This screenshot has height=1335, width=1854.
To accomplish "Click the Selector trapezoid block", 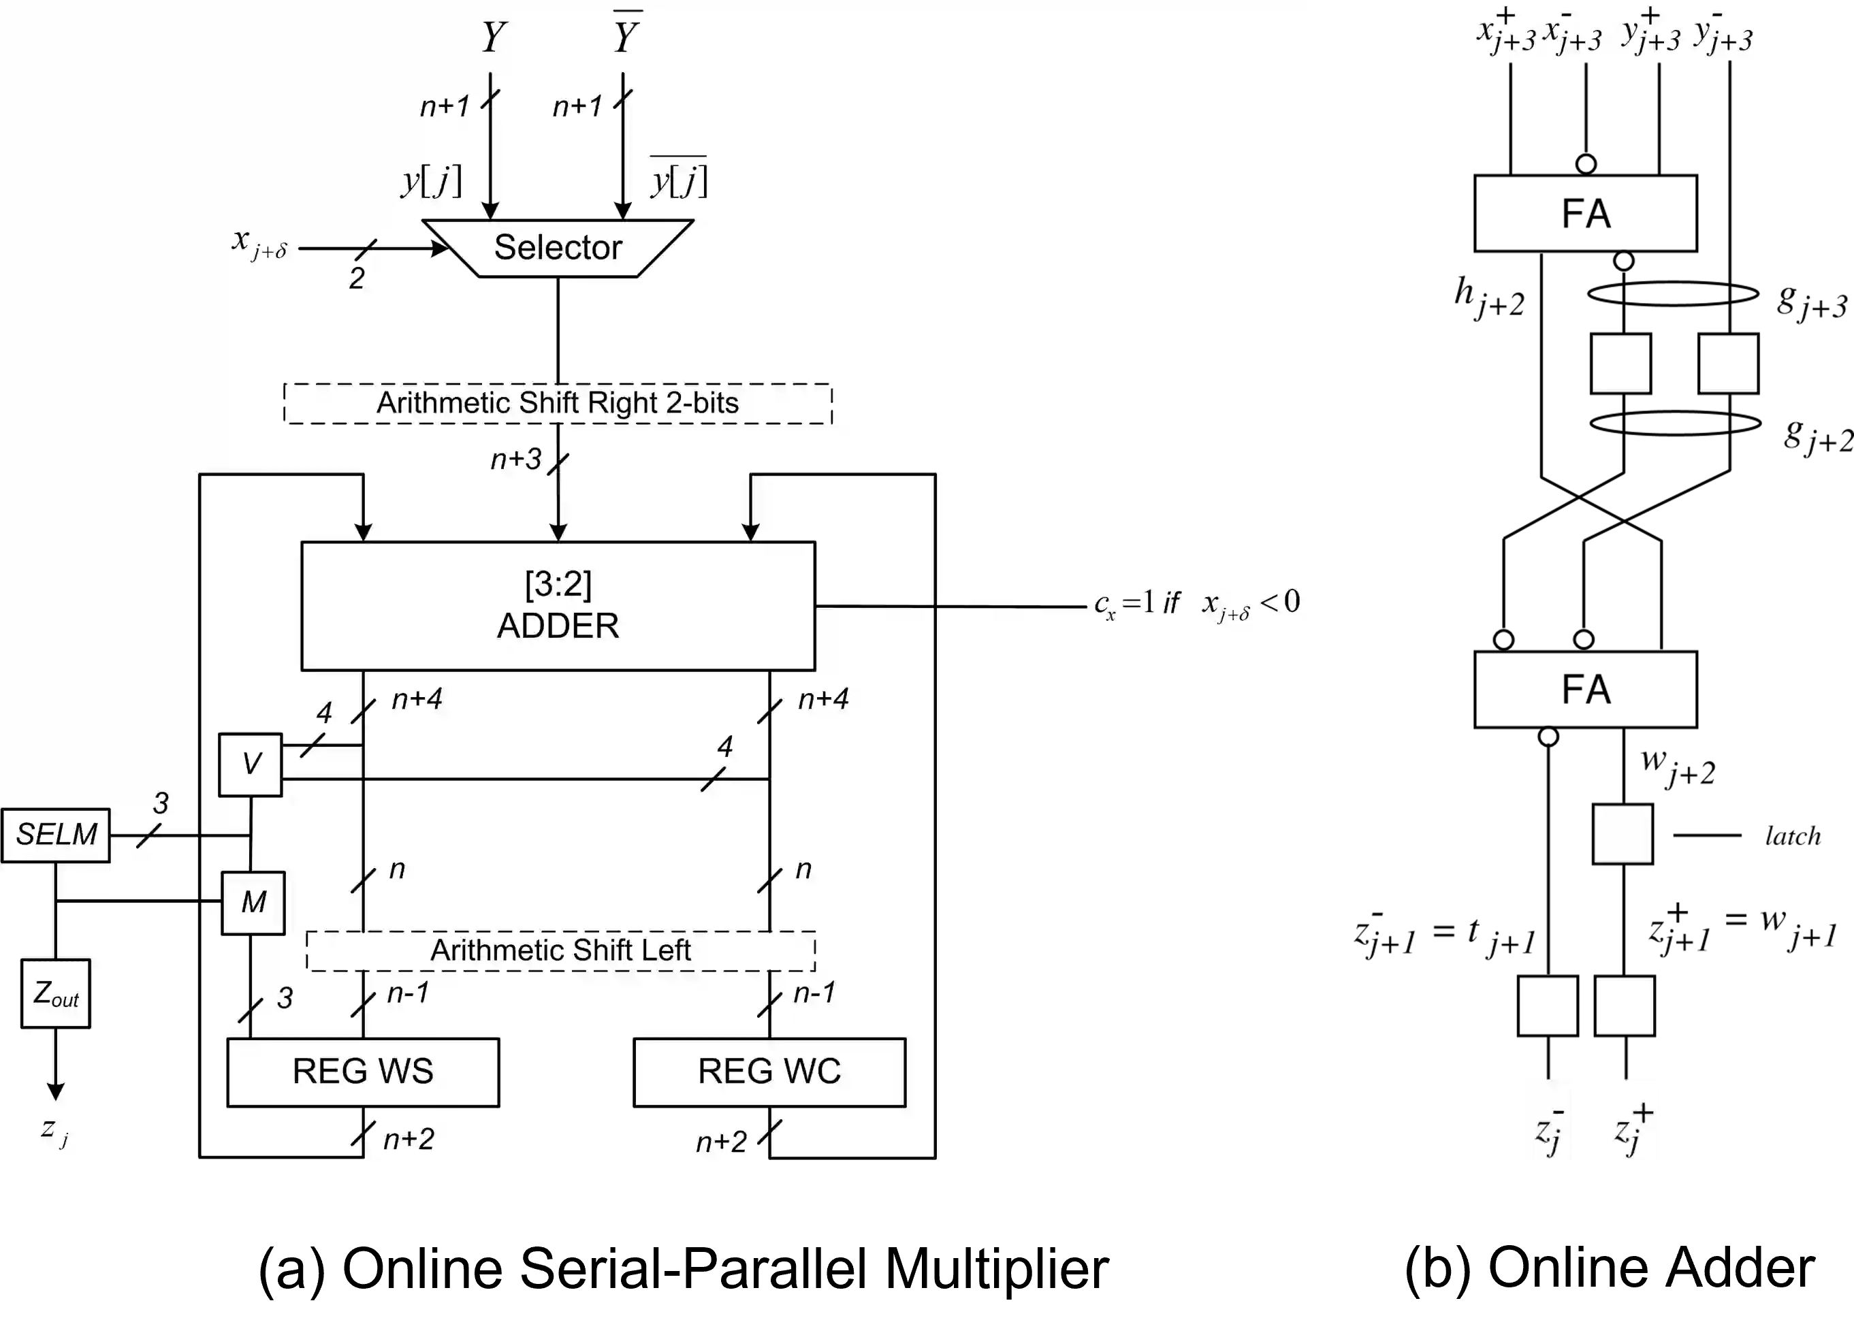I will pyautogui.click(x=558, y=248).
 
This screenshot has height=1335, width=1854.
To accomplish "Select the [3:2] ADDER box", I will pyautogui.click(x=558, y=606).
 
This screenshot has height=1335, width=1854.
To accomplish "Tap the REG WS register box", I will pyautogui.click(x=363, y=1072).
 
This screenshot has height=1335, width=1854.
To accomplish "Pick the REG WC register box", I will pyautogui.click(x=769, y=1072).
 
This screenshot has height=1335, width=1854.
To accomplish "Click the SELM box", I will pyautogui.click(x=56, y=835).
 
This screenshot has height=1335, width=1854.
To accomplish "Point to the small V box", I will pyautogui.click(x=250, y=765).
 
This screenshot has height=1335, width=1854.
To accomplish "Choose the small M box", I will pyautogui.click(x=253, y=903).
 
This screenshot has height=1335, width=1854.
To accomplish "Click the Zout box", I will pyautogui.click(x=56, y=993).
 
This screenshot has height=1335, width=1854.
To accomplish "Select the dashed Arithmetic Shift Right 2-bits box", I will pyautogui.click(x=558, y=403).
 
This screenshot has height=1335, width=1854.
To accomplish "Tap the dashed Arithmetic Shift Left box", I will pyautogui.click(x=561, y=951).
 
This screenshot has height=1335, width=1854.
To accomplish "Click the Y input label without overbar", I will pyautogui.click(x=493, y=37).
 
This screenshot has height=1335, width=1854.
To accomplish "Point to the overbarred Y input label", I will pyautogui.click(x=626, y=36).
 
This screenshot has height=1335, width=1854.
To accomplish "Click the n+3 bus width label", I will pyautogui.click(x=516, y=460).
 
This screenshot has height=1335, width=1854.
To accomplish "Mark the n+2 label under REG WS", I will pyautogui.click(x=409, y=1139).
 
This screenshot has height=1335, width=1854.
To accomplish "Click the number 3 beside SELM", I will pyautogui.click(x=161, y=803).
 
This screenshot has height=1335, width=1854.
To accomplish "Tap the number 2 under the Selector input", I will pyautogui.click(x=356, y=278).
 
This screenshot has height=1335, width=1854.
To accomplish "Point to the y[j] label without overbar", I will pyautogui.click(x=432, y=180).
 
